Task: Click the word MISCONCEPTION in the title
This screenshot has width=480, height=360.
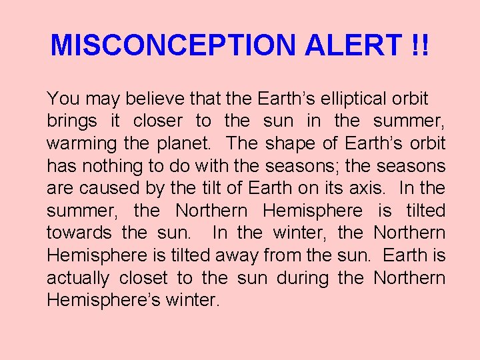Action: [173, 45]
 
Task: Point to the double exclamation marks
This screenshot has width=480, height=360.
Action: [419, 45]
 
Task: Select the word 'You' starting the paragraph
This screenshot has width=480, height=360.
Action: [63, 99]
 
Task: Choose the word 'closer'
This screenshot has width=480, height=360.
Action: [158, 121]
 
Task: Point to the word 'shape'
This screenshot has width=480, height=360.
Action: [290, 143]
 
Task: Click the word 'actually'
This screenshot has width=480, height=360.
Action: [78, 277]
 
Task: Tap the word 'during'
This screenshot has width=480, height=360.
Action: [320, 277]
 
